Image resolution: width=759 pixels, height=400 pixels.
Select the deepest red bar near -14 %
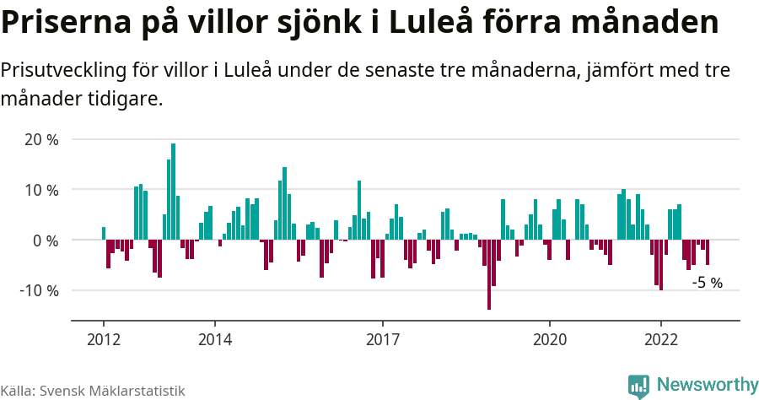(489, 274)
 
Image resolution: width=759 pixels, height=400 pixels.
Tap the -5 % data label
(707, 283)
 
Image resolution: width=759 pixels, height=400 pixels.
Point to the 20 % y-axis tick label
(40, 139)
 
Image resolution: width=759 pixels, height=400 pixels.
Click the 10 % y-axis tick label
(40, 190)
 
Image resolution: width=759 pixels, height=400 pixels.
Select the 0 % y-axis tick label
(45, 241)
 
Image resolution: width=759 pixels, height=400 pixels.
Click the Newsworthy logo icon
(638, 386)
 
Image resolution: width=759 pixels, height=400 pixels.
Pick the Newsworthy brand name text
(707, 385)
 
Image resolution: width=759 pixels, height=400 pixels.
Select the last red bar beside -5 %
(707, 253)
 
